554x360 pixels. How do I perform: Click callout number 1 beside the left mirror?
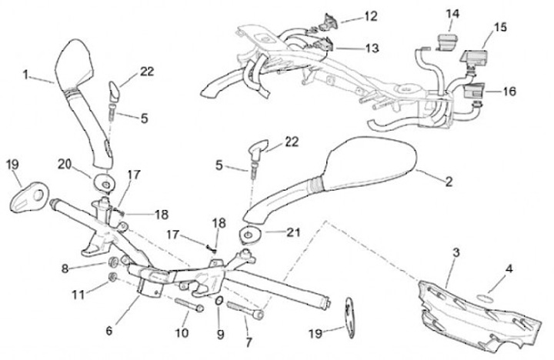click(25, 75)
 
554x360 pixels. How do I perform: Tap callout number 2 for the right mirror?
click(449, 182)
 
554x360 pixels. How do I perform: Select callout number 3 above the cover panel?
click(456, 252)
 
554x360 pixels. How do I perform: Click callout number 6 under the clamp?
click(108, 331)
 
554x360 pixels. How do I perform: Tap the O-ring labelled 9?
click(219, 301)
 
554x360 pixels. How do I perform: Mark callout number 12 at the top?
click(372, 15)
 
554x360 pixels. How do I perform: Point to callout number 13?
click(372, 48)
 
